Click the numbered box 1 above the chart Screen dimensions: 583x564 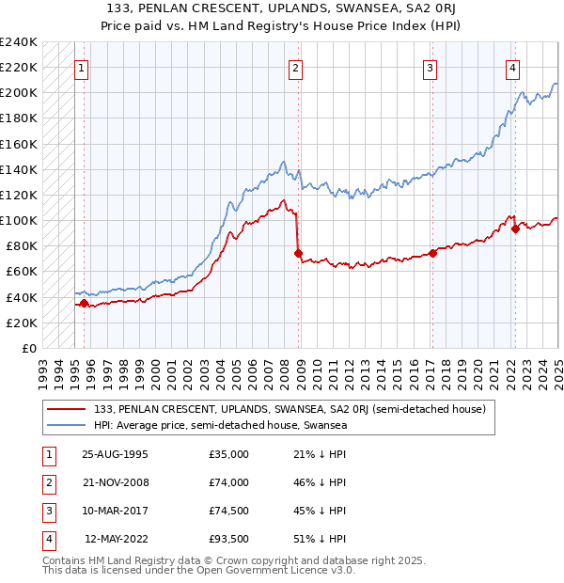tap(83, 68)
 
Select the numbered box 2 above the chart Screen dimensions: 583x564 tap(295, 68)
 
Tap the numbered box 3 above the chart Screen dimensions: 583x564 tap(430, 68)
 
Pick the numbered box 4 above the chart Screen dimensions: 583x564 tap(513, 68)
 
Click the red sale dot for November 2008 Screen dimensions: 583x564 tap(298, 253)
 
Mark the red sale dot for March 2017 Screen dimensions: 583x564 tap(433, 252)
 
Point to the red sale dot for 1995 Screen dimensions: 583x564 tap(84, 303)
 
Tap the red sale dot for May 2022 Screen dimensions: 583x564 tap(516, 228)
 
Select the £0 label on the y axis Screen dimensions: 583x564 tap(28, 349)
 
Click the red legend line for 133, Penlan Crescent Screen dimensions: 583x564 tap(68, 410)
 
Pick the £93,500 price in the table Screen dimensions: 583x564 tap(228, 539)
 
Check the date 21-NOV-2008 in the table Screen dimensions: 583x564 tap(116, 482)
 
